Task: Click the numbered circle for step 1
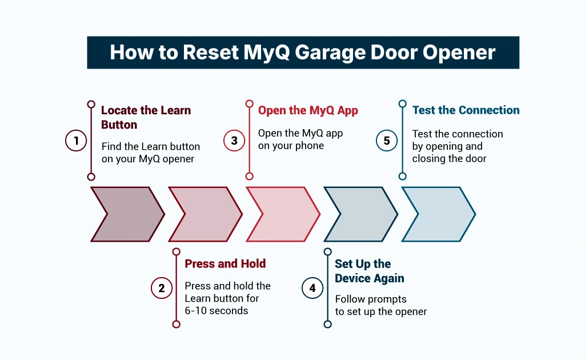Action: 75,141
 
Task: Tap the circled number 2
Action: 162,288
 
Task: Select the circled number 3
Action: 234,141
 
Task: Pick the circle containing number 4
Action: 312,288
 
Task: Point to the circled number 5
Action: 387,141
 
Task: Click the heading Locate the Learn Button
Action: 146,117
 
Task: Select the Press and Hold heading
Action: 225,263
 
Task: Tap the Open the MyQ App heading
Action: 308,110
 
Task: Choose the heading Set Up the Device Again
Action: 369,271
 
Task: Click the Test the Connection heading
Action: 466,110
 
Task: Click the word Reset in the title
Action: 210,53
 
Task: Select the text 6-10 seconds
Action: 217,311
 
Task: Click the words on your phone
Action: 291,146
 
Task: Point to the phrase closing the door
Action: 449,158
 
